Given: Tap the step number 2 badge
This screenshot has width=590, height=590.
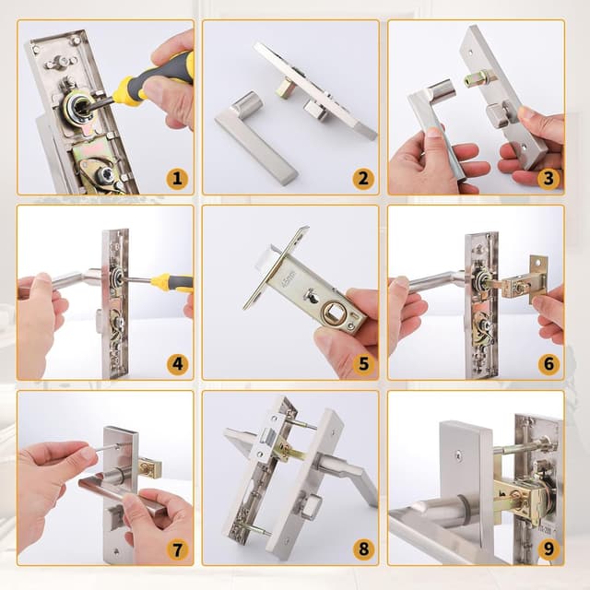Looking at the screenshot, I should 362,178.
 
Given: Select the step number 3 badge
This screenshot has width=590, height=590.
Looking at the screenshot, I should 549,178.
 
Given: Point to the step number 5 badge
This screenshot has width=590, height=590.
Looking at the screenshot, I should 362,363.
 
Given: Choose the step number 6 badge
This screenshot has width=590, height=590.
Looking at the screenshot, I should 549,363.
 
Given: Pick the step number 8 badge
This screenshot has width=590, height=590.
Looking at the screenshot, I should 362,549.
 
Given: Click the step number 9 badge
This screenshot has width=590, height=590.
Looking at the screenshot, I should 549,549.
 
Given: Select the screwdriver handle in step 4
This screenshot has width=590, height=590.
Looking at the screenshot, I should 173,282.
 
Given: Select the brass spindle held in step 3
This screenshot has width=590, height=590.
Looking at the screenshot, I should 478,79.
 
